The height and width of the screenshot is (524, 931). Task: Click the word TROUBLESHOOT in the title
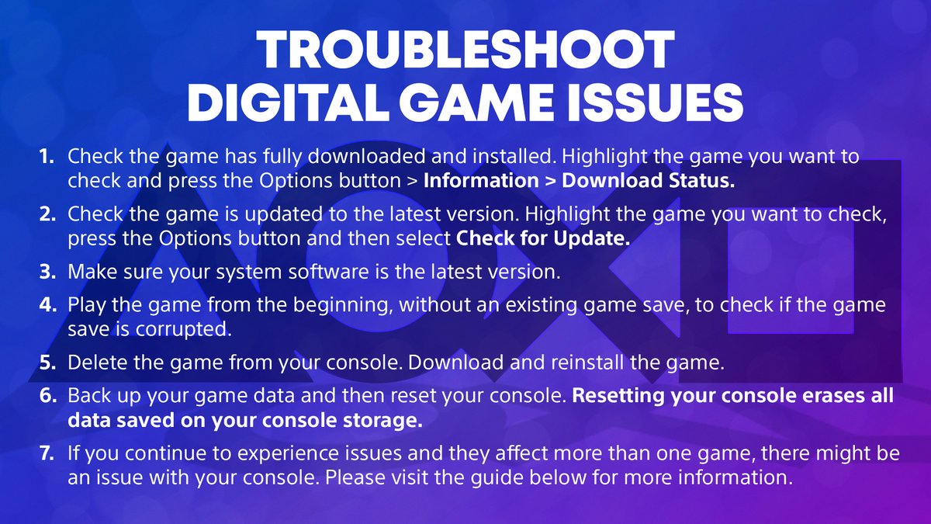465,52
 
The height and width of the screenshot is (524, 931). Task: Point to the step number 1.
47,157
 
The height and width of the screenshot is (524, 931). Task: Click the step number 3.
47,273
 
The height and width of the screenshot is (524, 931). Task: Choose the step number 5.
47,363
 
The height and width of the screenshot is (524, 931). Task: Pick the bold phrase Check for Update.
542,238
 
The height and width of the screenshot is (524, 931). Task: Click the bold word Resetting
625,395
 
